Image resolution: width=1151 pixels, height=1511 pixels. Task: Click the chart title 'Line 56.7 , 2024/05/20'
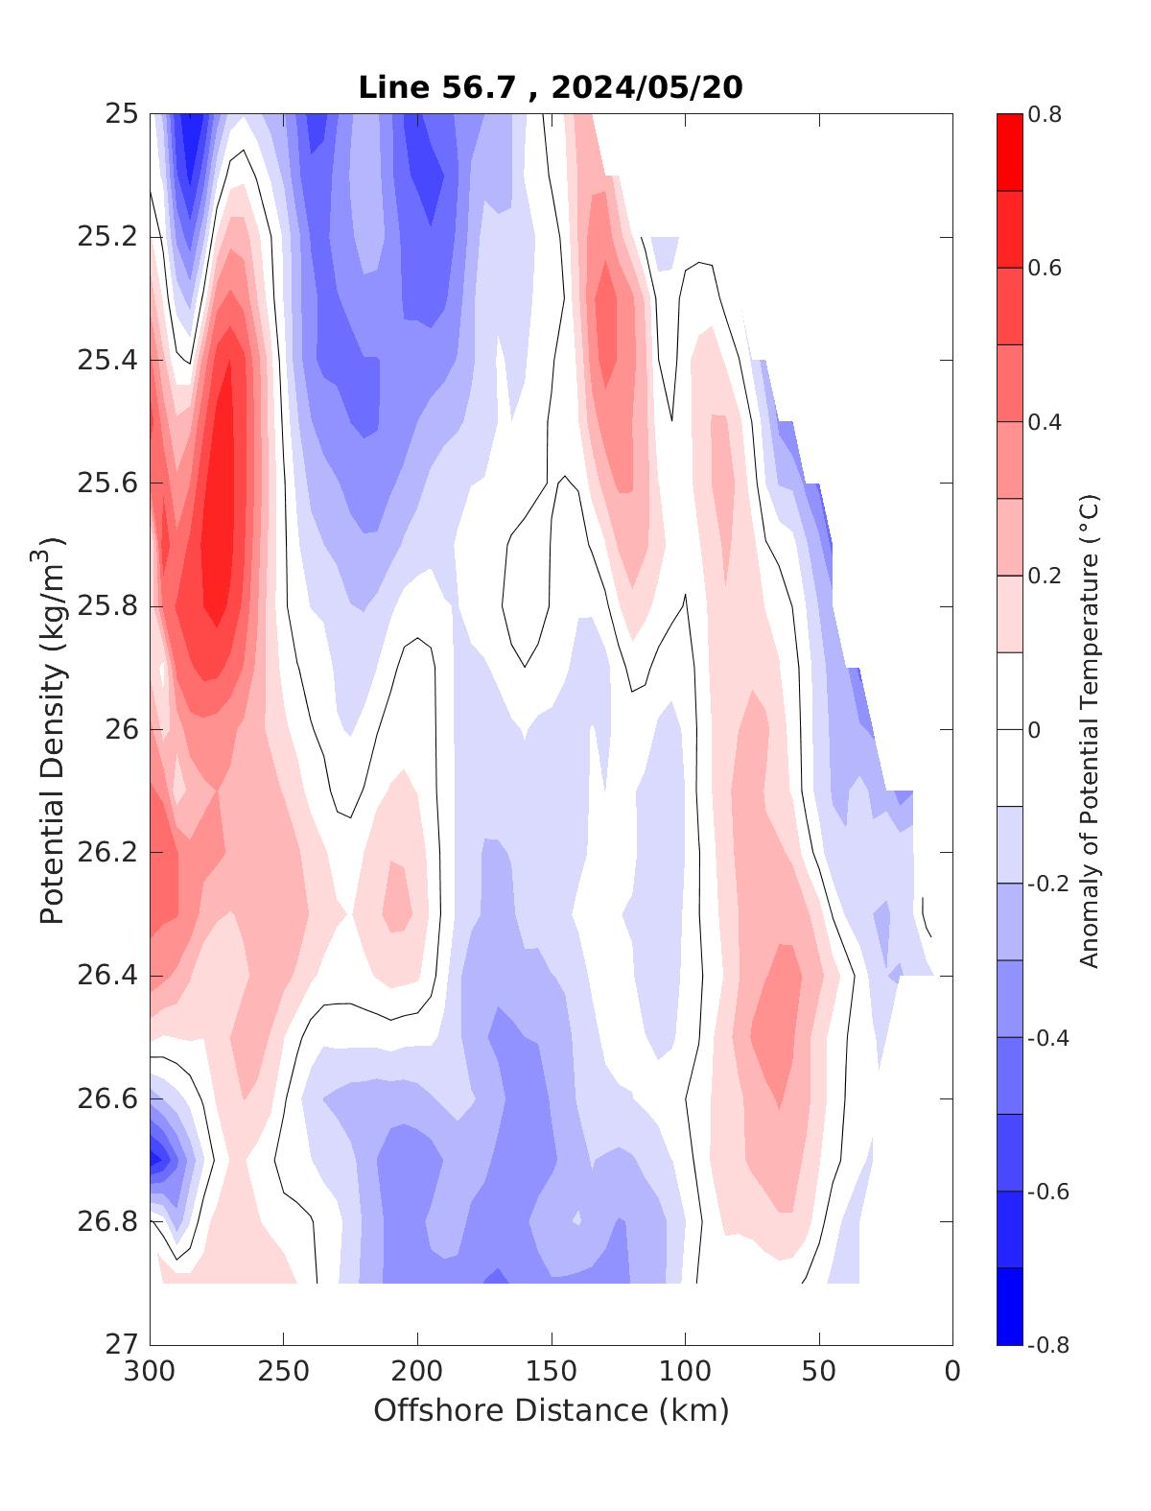pos(550,87)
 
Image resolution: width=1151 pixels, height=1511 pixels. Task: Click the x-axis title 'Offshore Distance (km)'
pos(551,1410)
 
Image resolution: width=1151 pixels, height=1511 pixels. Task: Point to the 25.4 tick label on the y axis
pos(106,361)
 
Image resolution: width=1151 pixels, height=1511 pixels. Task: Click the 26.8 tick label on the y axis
pos(106,1222)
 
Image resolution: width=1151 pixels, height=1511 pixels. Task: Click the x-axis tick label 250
pos(284,1372)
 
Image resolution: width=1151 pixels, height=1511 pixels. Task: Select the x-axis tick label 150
pos(552,1372)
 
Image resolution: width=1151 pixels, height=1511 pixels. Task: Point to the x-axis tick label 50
pos(819,1372)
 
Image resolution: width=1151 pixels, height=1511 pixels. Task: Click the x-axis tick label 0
pos(952,1372)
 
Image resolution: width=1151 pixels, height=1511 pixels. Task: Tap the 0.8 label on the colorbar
pos(1044,115)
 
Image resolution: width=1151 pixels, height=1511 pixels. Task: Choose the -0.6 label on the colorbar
pos(1047,1192)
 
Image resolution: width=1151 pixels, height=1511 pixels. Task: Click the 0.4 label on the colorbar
pos(1044,422)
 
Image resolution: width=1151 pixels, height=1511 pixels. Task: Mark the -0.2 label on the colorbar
pos(1047,884)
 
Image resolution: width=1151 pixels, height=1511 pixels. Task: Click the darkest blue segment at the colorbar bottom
pos(1009,1306)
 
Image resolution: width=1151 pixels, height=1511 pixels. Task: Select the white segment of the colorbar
pos(1009,729)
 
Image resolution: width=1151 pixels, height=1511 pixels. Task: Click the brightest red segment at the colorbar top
pos(1009,153)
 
